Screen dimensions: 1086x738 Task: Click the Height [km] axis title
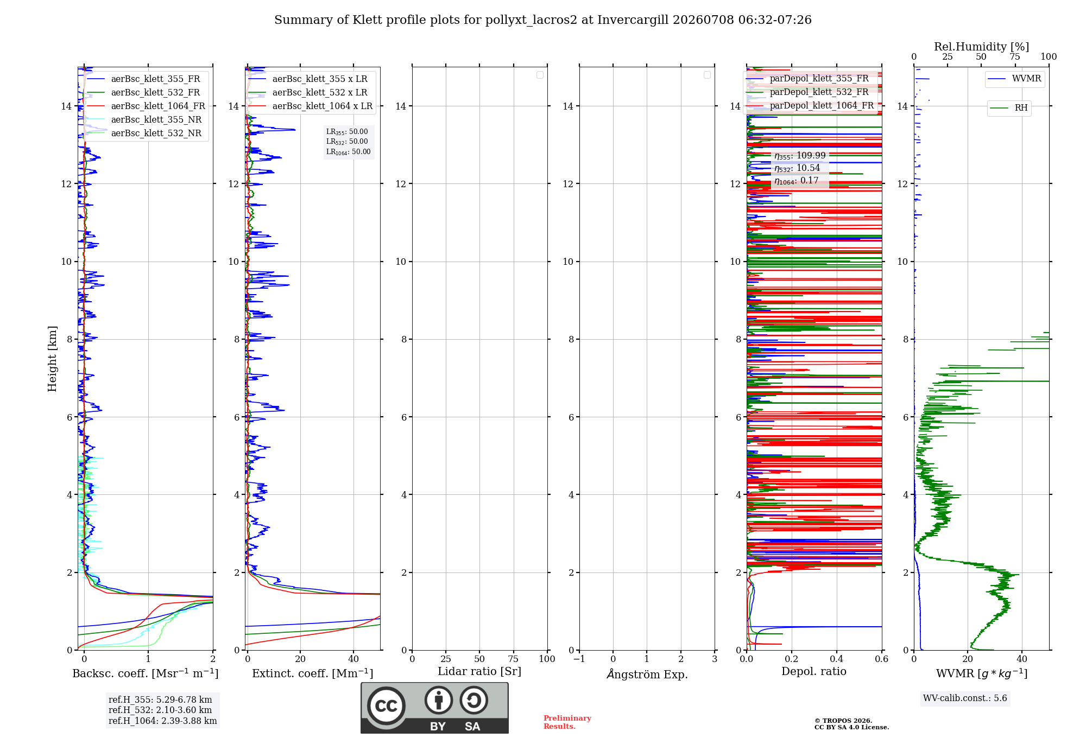pyautogui.click(x=52, y=359)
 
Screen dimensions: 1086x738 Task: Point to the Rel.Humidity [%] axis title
pyautogui.click(x=981, y=47)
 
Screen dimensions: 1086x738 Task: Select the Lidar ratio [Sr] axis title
pyautogui.click(x=479, y=672)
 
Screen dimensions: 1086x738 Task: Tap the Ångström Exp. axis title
pyautogui.click(x=647, y=674)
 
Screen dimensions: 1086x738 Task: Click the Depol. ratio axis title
pyautogui.click(x=814, y=672)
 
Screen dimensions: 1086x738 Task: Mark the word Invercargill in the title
pyautogui.click(x=633, y=20)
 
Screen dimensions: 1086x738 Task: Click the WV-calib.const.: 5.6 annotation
pyautogui.click(x=965, y=698)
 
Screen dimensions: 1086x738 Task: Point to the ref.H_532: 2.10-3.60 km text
pyautogui.click(x=160, y=710)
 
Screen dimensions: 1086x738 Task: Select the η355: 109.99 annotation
pyautogui.click(x=800, y=156)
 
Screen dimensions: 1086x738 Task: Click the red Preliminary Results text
pyautogui.click(x=567, y=722)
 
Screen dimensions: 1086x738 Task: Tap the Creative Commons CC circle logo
pyautogui.click(x=386, y=706)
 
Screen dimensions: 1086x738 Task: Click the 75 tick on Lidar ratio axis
pyautogui.click(x=513, y=659)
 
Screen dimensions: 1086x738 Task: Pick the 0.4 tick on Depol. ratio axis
pyautogui.click(x=837, y=659)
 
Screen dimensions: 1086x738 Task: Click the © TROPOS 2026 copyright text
pyautogui.click(x=843, y=721)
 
